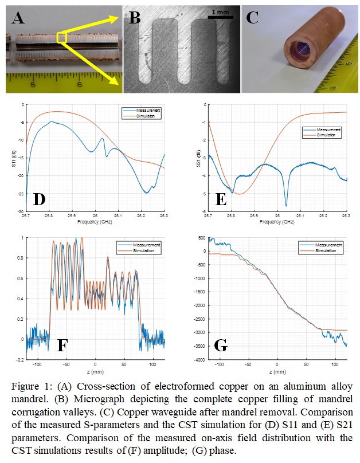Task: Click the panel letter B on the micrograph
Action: click(x=135, y=18)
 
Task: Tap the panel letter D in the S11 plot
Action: click(x=38, y=199)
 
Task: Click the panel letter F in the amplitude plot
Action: click(x=64, y=344)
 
